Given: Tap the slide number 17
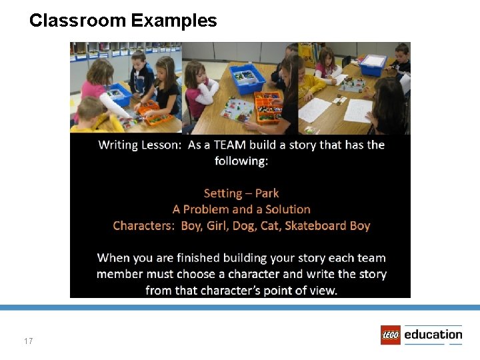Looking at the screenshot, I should [x=28, y=341].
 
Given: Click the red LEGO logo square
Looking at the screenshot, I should [x=391, y=335].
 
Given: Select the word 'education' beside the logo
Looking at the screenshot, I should [x=433, y=334].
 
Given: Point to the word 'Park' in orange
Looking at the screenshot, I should [x=267, y=193].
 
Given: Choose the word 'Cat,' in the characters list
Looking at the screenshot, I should [x=271, y=225].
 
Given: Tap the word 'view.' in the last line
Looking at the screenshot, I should [x=323, y=290].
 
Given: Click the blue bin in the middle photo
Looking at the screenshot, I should [x=247, y=79].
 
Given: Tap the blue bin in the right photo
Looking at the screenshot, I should [x=373, y=65].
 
